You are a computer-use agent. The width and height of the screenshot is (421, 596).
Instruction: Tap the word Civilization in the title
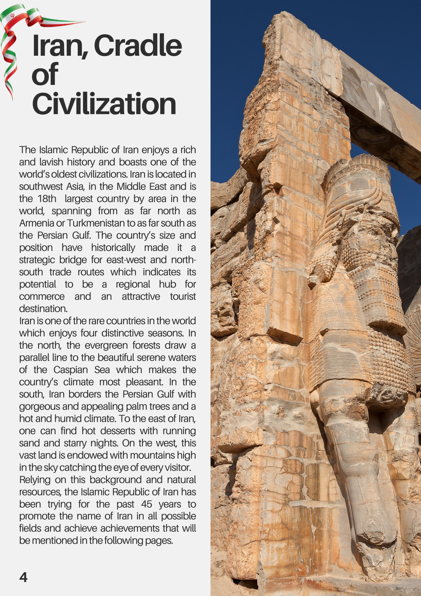(104, 104)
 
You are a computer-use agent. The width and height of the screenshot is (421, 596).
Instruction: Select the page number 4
(23, 577)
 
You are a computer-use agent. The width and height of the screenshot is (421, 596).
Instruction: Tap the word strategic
(37, 260)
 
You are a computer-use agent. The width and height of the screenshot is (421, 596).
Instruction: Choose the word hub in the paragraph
(167, 284)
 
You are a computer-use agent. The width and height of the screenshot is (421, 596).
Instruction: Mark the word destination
(43, 309)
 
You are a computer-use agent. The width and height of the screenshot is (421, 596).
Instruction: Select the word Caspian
(71, 370)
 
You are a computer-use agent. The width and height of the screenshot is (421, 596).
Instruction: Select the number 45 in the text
(146, 504)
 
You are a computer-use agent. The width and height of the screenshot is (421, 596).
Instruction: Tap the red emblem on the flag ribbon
(12, 15)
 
